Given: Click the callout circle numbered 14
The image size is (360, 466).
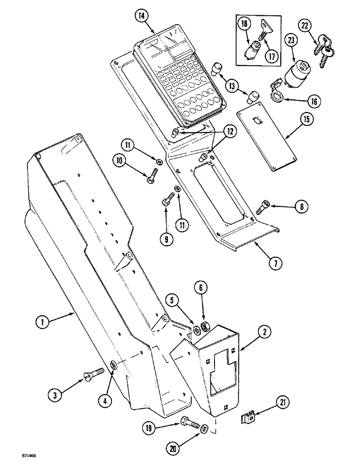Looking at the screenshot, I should coord(141,16).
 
